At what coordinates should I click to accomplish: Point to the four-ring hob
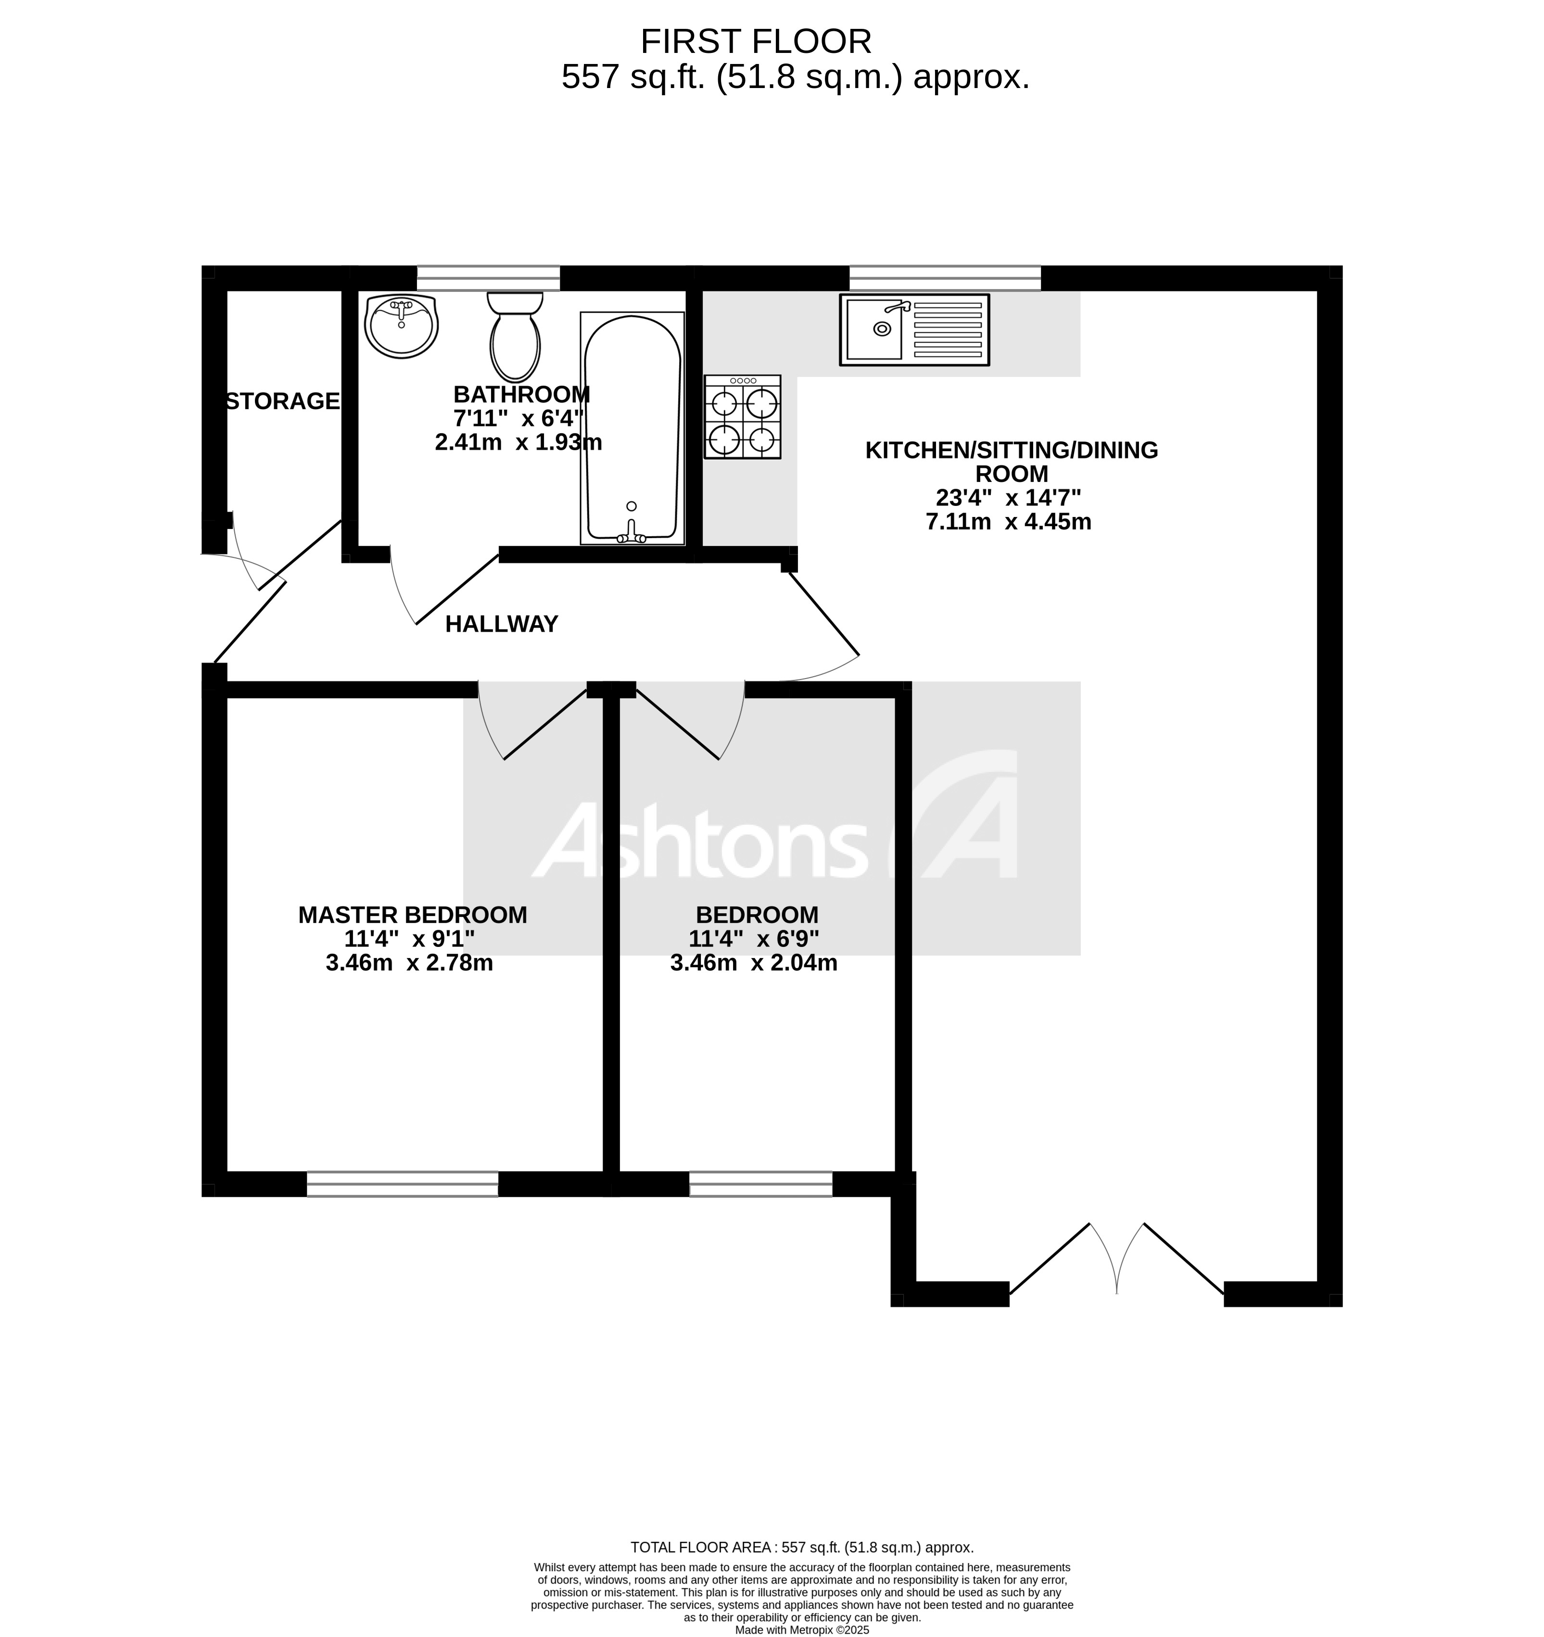(x=742, y=416)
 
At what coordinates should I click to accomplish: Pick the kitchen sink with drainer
(x=914, y=329)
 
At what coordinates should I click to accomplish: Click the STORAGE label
(x=282, y=401)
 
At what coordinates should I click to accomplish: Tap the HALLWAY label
(x=502, y=624)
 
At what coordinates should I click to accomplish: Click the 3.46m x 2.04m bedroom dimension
(x=753, y=963)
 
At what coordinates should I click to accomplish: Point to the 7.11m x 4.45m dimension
(x=1009, y=521)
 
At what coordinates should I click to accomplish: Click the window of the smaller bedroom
(x=761, y=1184)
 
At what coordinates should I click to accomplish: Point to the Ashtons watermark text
(x=700, y=840)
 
